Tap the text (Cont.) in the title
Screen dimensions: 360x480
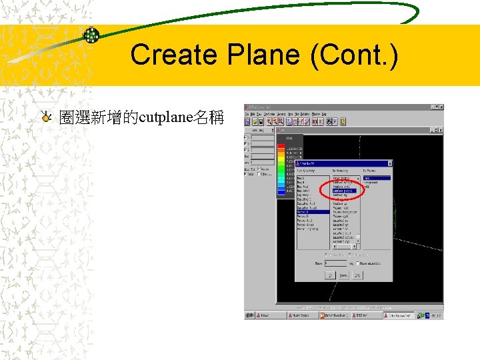pos(353,55)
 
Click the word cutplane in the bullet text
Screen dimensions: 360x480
pos(165,119)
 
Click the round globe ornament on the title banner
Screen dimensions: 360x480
pos(91,35)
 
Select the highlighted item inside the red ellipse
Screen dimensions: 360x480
pos(345,191)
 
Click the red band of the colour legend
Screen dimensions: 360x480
pos(281,147)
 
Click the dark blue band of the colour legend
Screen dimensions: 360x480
pos(281,193)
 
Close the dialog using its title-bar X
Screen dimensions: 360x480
pos(390,163)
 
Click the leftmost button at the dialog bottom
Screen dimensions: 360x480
pos(330,275)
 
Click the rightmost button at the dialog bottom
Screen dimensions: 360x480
pos(357,275)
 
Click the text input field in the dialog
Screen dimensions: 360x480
pos(335,263)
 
